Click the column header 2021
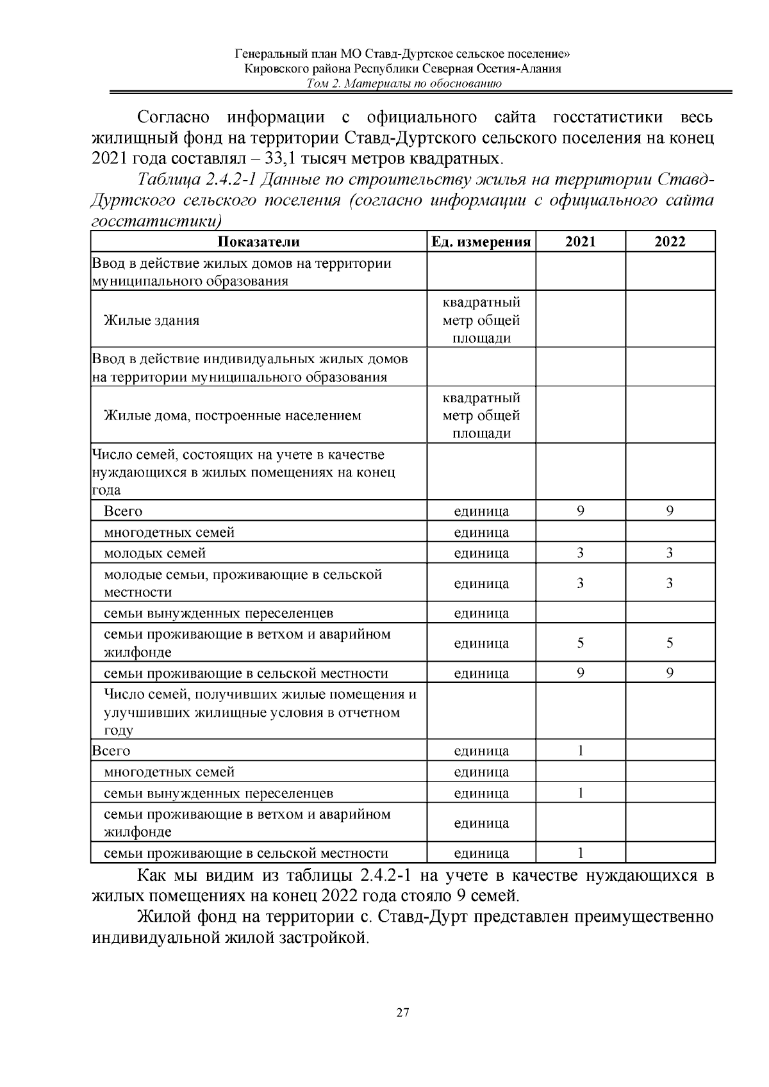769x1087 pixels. [580, 241]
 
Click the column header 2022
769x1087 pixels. [670, 241]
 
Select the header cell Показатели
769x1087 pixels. [258, 241]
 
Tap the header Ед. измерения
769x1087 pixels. [481, 241]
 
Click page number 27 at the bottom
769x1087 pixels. [402, 1013]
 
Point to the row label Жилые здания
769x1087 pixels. [152, 320]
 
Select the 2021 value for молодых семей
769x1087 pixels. [580, 553]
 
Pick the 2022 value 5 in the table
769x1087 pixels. [670, 643]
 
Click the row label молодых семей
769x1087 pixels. [155, 553]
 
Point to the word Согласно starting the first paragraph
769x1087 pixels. [174, 118]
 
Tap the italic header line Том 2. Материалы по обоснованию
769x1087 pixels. [404, 83]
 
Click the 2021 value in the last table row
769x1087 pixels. [580, 853]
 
